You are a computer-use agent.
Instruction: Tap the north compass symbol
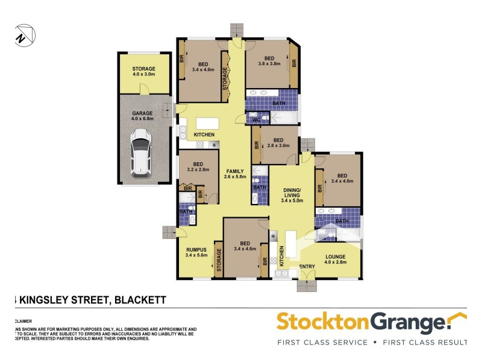pos(23,34)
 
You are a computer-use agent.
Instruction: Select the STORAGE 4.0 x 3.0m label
pos(143,72)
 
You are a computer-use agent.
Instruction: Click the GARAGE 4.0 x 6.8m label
pos(143,116)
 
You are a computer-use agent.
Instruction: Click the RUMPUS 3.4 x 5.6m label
pos(196,252)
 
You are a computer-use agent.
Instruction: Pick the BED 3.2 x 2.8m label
pos(198,167)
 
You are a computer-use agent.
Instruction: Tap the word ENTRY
pos(307,266)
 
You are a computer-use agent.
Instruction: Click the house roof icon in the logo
pos(459,319)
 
